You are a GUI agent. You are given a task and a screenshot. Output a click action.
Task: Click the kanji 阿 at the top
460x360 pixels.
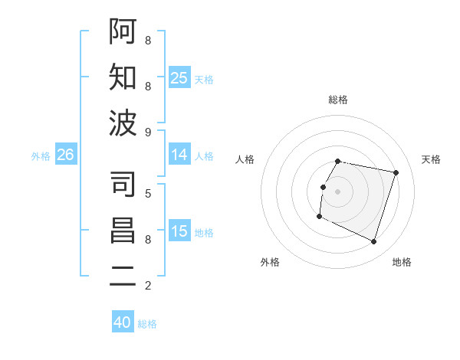[x=123, y=31]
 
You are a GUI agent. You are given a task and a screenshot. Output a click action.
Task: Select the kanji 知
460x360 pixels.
[x=123, y=77]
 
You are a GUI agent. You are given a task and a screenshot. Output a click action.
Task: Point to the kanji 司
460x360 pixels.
[x=123, y=184]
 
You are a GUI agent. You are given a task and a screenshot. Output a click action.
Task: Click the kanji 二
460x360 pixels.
[x=123, y=277]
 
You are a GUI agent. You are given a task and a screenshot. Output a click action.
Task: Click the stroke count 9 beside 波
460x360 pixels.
[x=147, y=132]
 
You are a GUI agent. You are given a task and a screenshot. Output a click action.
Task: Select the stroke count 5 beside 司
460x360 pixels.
[x=147, y=193]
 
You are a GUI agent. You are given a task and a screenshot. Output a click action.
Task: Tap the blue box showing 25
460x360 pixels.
[x=179, y=77]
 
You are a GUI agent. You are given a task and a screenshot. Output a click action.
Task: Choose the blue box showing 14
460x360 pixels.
[x=179, y=155]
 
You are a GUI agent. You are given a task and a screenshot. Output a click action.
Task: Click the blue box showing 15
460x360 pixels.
[x=179, y=231]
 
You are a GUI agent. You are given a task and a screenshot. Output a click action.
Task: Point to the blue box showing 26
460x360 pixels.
[x=65, y=155]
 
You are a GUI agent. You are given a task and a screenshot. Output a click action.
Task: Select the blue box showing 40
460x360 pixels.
[x=123, y=322]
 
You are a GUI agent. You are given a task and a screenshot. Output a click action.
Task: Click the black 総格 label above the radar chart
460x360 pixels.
[x=338, y=100]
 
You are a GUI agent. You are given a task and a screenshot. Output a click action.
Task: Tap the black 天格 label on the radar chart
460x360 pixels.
[x=431, y=159]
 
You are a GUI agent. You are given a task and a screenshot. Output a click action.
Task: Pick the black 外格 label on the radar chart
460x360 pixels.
[x=270, y=262]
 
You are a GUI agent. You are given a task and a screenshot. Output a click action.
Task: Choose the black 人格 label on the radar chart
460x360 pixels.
[x=245, y=159]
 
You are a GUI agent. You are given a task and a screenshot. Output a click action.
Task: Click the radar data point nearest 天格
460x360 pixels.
[x=396, y=173]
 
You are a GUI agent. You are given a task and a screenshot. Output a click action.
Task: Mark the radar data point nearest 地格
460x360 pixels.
[x=373, y=242]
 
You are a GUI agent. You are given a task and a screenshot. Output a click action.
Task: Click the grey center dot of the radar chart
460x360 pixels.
[x=337, y=191]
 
